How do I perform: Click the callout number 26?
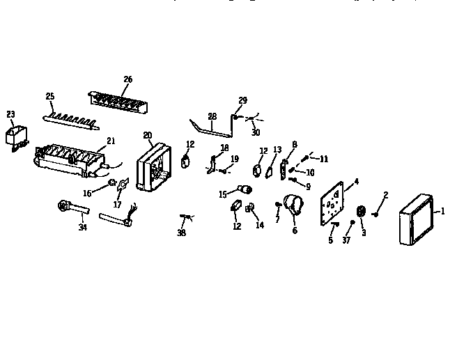pos(127,79)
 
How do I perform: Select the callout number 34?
pos(83,227)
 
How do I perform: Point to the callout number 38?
pos(183,234)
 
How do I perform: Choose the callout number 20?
pos(148,135)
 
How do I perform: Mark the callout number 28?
pos(212,116)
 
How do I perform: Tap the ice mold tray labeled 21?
pos(70,161)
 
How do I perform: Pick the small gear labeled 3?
pos(361,211)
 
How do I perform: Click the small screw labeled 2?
pos(375,214)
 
